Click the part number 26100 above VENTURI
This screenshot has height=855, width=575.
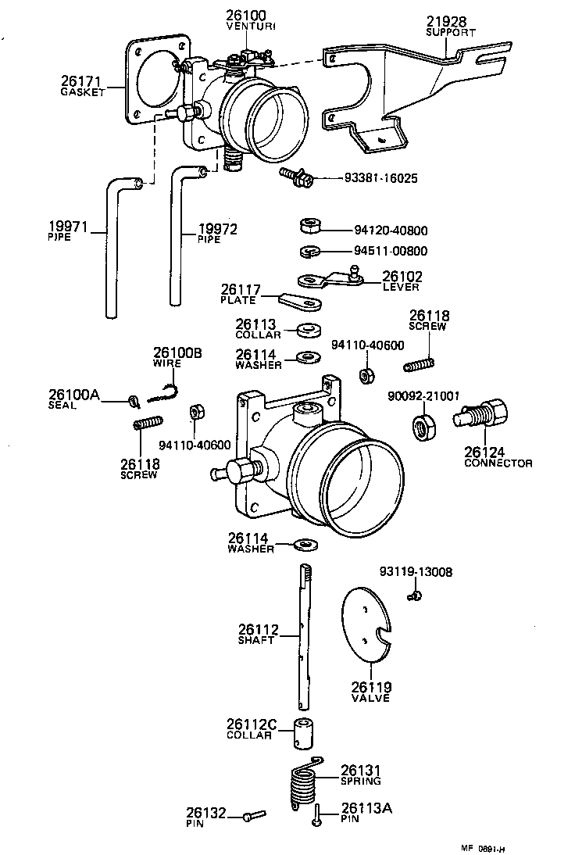(246, 15)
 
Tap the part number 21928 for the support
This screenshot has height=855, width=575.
(445, 21)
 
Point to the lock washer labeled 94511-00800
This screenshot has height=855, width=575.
(309, 252)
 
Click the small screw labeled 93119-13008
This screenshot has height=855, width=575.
(416, 597)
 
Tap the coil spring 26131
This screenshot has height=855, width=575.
(303, 784)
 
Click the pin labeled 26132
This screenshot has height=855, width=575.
(248, 817)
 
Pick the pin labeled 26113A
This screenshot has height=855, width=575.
(318, 820)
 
